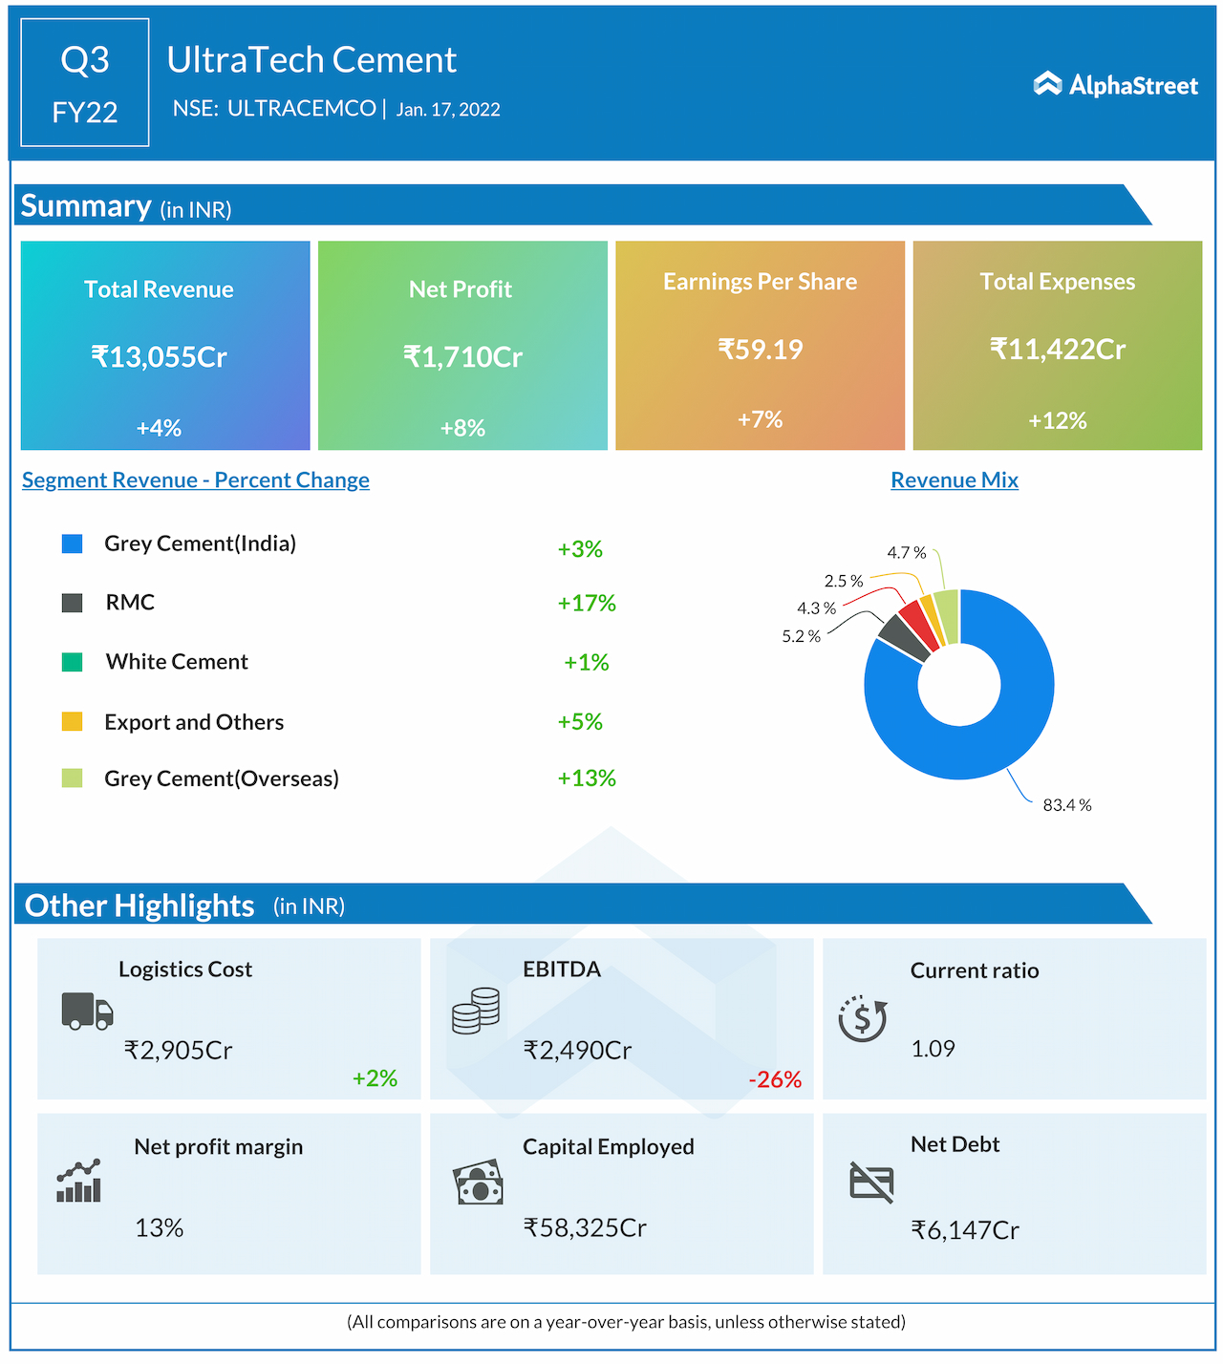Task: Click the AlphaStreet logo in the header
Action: pos(1115,85)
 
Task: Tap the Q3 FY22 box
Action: pos(85,83)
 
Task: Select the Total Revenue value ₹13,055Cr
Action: pos(160,357)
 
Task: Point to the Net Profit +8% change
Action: pos(462,428)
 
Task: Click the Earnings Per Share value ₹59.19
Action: pos(761,350)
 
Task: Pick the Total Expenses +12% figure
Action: pos(1058,420)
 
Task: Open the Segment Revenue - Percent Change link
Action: pos(196,480)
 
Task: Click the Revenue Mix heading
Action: pos(955,480)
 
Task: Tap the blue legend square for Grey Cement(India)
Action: pos(72,543)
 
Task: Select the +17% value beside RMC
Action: pos(587,604)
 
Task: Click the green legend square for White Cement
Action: pos(72,662)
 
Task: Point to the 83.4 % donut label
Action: pos(1067,805)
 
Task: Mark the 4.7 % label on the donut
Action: pos(906,553)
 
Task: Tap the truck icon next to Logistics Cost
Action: pos(87,1011)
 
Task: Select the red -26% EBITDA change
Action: pos(775,1079)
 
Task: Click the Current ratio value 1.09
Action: pos(933,1049)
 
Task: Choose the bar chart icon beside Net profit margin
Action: pos(78,1182)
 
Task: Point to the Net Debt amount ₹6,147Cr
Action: pos(965,1230)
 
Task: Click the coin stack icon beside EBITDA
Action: pos(476,1011)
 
